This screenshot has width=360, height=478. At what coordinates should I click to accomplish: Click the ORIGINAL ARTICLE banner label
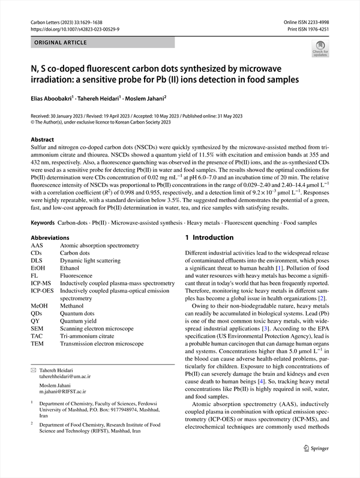(x=61, y=43)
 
